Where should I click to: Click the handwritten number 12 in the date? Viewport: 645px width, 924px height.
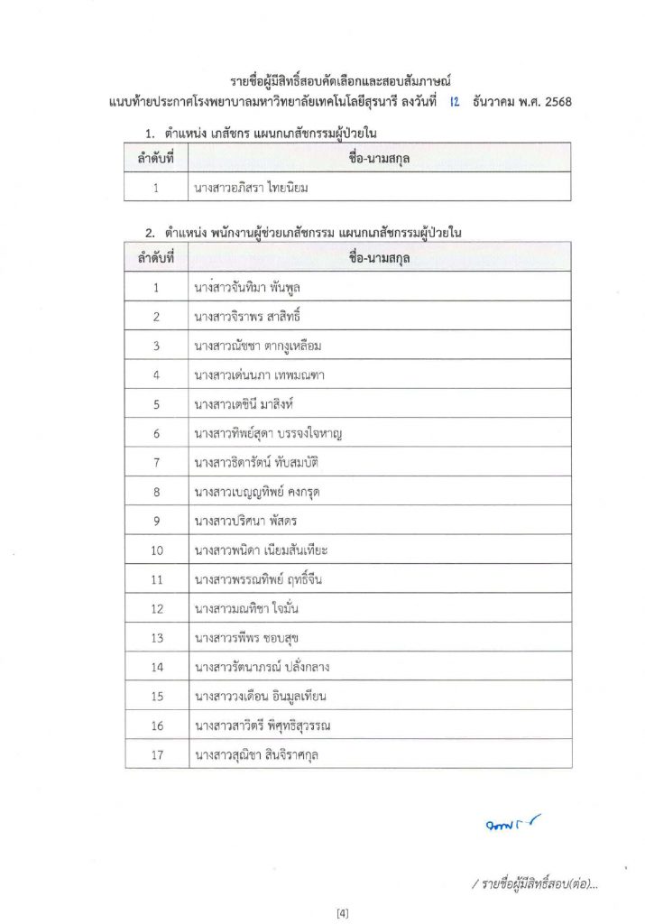click(454, 102)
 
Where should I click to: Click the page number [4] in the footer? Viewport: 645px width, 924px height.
click(342, 913)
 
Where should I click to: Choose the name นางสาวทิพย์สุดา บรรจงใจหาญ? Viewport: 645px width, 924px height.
click(268, 434)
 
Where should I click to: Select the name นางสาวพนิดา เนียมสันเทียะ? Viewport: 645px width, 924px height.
click(261, 550)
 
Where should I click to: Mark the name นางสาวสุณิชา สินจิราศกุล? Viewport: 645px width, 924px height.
click(257, 754)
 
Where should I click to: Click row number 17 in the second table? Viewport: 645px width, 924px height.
click(156, 754)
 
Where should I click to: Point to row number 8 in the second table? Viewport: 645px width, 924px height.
click(156, 492)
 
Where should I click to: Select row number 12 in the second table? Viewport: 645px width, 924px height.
click(156, 609)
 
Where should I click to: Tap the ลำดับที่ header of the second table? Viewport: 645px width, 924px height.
click(156, 258)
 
